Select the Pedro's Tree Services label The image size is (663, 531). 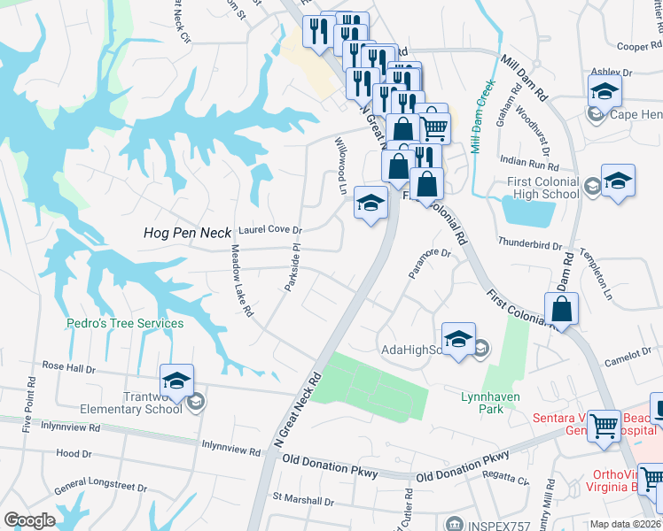point(125,323)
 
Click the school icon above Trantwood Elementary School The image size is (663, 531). point(177,381)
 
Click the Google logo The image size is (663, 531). point(29,520)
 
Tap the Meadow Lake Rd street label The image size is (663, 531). point(242,282)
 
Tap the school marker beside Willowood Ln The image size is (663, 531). point(370,204)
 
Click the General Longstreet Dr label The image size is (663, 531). point(100,488)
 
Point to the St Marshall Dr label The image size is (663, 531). point(303,501)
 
